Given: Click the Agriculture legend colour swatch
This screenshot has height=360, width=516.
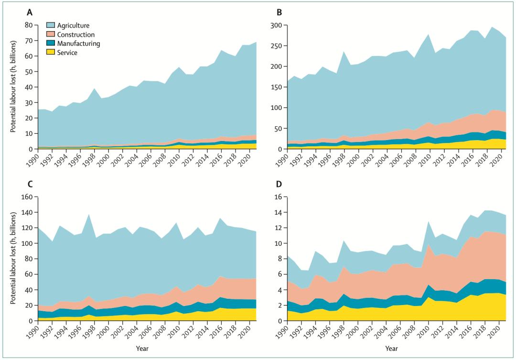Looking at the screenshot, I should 51,25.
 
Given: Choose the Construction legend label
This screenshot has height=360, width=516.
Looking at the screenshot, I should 76,34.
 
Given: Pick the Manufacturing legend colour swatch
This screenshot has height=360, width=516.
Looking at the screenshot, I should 51,44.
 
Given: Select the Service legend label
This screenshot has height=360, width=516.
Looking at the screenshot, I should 67,53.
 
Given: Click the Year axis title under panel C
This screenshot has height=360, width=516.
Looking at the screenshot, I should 142,348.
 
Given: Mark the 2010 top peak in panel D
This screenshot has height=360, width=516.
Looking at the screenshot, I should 428,221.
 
